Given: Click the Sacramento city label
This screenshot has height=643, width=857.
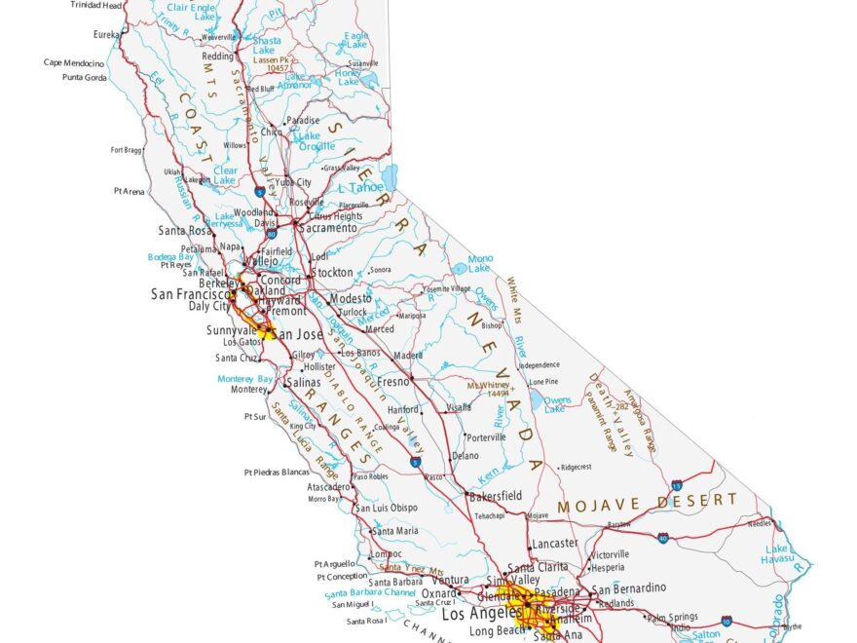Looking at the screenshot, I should coord(328,228).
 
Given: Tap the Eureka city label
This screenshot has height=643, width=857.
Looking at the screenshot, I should coord(105,33).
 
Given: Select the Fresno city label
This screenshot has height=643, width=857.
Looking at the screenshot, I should coord(395,384).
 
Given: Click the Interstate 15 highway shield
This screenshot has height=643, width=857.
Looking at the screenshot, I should coord(676,484).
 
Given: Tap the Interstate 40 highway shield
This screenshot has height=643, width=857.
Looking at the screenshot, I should coord(662,537).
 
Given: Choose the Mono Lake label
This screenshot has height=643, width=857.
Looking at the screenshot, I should coord(480,264).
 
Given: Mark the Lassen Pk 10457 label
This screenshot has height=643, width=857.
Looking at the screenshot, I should coord(272,64).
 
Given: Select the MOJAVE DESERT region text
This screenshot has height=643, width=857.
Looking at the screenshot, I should coord(647,503).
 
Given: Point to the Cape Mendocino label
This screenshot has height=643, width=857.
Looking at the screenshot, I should coord(74,62).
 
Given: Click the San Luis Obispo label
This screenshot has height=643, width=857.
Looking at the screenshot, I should coord(387,508).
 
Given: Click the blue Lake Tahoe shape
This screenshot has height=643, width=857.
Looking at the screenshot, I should coord(391,176).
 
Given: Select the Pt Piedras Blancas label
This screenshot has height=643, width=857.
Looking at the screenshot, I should coord(277,473).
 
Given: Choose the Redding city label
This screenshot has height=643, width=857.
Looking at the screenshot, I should coord(217,57).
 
